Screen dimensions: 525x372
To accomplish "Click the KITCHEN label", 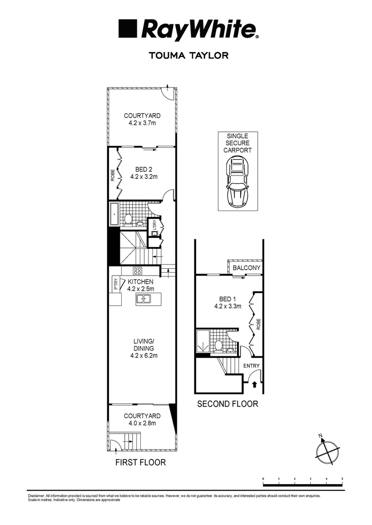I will pos(141,281).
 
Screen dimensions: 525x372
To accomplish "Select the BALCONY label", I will pos(246,268).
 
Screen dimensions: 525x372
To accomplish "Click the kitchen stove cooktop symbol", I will pos(138,271).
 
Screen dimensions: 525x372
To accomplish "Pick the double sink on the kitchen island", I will pos(144,299).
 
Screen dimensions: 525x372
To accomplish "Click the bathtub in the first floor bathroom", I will pos(114,215).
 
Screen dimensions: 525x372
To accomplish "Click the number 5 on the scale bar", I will pos(342,479).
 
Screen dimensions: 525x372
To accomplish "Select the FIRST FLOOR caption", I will pos(140,462).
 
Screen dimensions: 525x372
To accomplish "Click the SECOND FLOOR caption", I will pos(227,404).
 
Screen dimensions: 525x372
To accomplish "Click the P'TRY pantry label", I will pos(115,283).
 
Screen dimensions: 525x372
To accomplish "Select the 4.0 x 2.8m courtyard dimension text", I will pos(142,423).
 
